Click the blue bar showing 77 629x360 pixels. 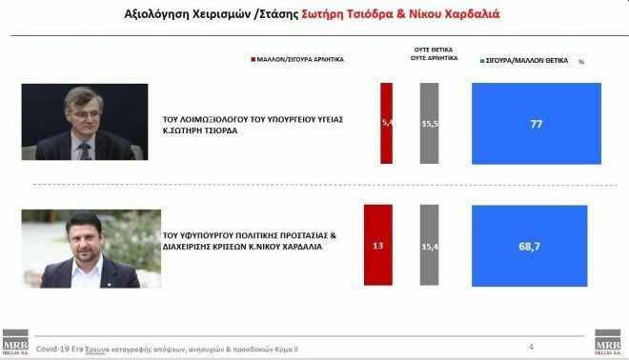pyautogui.click(x=537, y=124)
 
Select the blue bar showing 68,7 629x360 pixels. pyautogui.click(x=530, y=245)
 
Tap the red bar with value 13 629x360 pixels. pyautogui.click(x=378, y=245)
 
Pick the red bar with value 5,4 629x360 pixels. pyautogui.click(x=386, y=124)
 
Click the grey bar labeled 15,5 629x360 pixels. pyautogui.click(x=429, y=124)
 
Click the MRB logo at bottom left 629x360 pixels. pyautogui.click(x=13, y=343)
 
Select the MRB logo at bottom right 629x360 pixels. pyautogui.click(x=607, y=343)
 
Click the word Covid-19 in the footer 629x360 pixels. pyautogui.click(x=51, y=350)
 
